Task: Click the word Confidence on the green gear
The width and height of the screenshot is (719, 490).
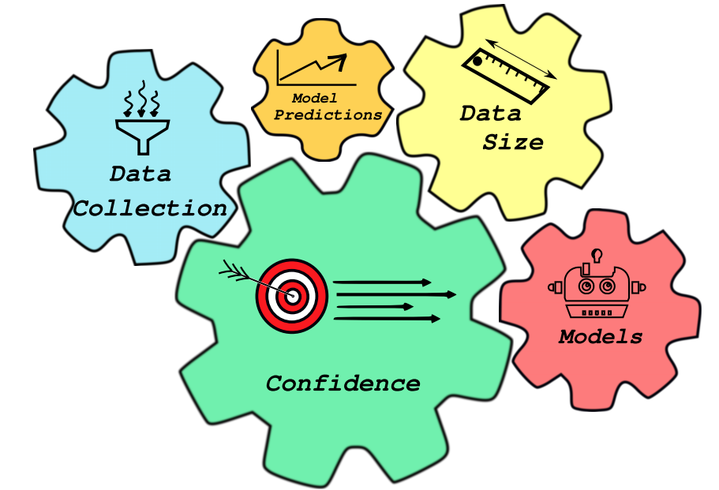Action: [x=343, y=383]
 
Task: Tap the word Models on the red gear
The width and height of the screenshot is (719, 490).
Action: [x=601, y=337]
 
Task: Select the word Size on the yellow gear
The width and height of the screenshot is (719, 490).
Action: [x=513, y=143]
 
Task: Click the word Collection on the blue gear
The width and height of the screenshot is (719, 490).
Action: [x=150, y=208]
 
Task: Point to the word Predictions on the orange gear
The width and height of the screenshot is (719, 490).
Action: [x=328, y=114]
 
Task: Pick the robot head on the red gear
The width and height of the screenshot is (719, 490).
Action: [x=597, y=286]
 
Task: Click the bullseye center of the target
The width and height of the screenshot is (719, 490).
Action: [x=292, y=296]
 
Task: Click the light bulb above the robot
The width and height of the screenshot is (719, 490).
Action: [x=598, y=255]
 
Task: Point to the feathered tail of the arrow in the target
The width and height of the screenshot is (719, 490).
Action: [x=233, y=271]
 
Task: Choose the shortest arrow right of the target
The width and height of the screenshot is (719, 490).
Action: [x=375, y=306]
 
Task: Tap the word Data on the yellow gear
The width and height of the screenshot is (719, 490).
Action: [x=491, y=114]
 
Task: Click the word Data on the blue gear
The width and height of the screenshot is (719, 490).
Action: [x=140, y=174]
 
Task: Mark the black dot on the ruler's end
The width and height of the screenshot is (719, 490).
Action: [x=477, y=61]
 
